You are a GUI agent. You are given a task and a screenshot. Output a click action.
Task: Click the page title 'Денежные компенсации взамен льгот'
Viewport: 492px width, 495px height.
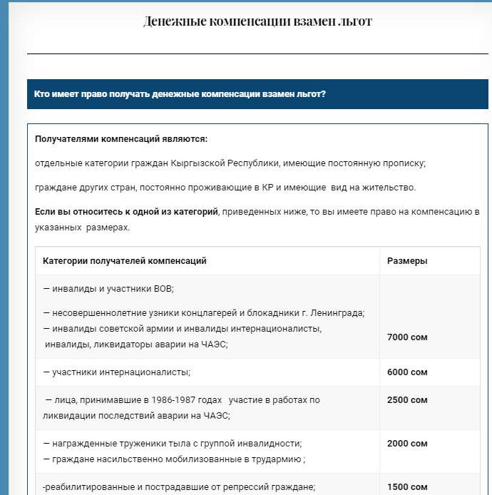257,21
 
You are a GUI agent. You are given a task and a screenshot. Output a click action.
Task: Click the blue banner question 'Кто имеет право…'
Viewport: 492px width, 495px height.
180,93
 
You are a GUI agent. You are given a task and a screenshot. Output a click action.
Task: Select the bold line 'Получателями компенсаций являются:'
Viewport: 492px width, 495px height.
121,139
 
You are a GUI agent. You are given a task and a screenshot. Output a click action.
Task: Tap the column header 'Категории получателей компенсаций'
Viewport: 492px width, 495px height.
125,261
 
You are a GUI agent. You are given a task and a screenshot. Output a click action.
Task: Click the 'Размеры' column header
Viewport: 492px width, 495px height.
407,261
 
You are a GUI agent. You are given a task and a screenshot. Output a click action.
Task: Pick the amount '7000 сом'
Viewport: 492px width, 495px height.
407,337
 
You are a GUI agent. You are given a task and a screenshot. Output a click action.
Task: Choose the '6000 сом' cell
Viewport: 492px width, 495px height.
407,372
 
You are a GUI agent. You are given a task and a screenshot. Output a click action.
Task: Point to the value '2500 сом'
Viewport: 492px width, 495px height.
407,400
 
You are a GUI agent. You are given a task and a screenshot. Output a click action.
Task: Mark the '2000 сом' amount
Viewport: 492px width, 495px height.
407,444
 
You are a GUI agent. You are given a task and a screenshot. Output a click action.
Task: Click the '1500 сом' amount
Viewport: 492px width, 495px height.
407,487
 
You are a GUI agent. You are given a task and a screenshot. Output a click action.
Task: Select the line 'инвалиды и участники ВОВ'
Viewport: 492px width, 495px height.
108,289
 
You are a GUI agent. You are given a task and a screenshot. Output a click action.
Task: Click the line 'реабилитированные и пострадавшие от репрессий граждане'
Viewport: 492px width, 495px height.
179,487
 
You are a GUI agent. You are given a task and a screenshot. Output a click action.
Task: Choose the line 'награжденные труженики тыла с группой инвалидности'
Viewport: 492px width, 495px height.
173,444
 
